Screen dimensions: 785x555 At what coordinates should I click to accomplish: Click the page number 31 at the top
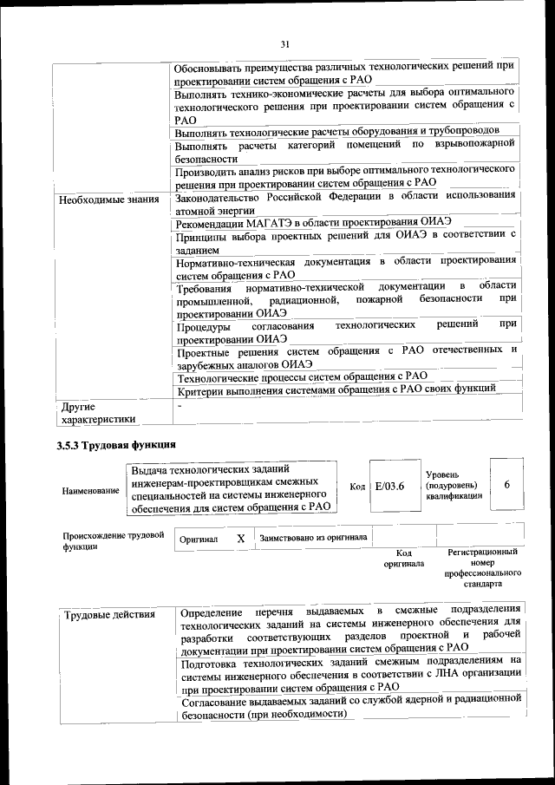pyautogui.click(x=285, y=44)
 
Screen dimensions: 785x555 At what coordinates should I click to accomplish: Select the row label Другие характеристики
pyautogui.click(x=96, y=413)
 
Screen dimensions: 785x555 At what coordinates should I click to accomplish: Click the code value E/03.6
pyautogui.click(x=389, y=486)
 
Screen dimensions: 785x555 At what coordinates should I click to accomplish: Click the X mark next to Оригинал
pyautogui.click(x=241, y=539)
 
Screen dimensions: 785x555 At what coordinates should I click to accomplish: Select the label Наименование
pyautogui.click(x=90, y=491)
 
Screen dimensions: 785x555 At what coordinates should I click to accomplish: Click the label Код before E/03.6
pyautogui.click(x=356, y=486)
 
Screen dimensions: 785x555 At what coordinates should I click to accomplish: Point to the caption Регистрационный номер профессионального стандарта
pyautogui.click(x=482, y=567)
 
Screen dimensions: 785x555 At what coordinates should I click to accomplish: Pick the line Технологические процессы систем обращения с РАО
pyautogui.click(x=302, y=376)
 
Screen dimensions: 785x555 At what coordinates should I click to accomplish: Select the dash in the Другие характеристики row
pyautogui.click(x=180, y=405)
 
